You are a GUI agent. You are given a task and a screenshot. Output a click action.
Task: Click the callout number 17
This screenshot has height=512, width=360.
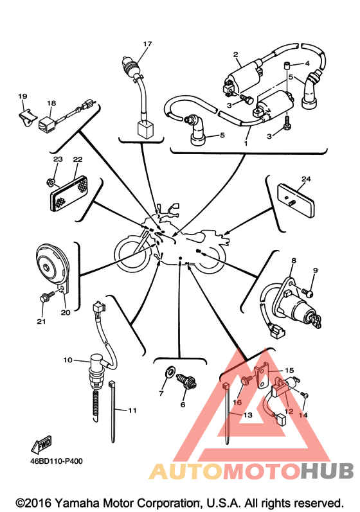(147, 44)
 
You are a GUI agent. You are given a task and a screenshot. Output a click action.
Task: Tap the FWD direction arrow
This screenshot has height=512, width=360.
(42, 445)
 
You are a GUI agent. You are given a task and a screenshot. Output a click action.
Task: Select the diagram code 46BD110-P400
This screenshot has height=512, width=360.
(56, 461)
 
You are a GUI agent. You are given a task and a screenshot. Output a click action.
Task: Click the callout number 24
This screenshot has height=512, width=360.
(306, 179)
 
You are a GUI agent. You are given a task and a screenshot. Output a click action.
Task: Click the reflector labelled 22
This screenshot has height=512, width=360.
(69, 193)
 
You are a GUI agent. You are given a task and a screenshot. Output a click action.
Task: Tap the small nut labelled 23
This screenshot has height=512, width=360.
(50, 181)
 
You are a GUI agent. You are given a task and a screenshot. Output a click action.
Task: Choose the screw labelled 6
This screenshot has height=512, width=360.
(187, 381)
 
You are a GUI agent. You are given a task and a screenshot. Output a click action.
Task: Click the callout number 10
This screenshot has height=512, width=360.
(67, 360)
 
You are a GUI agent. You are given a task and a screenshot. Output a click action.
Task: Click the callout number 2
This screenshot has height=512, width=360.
(236, 55)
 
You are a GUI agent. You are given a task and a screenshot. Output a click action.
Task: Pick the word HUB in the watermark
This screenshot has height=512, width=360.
(327, 471)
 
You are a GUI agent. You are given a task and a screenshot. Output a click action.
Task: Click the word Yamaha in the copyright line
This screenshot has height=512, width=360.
(72, 503)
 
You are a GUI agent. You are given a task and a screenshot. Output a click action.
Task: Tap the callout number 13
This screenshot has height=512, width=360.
(248, 415)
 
